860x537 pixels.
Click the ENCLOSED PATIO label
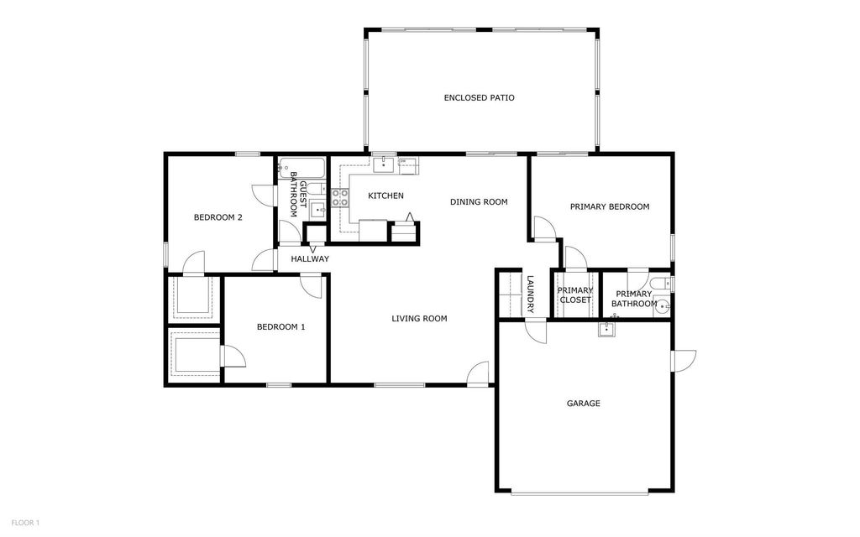point(479,98)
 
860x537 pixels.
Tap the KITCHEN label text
point(385,196)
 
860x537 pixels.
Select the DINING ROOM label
point(479,201)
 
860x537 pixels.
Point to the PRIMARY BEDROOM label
point(609,206)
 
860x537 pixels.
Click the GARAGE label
point(583,404)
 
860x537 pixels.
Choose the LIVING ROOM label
point(419,319)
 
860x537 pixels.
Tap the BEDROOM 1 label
point(281,327)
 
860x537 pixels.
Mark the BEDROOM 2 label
point(218,218)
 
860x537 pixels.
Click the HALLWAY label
point(310,259)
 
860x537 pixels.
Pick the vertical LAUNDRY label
point(530,295)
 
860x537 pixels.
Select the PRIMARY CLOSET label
point(575,295)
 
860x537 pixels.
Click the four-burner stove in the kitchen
point(341,198)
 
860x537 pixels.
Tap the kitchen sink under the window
point(385,164)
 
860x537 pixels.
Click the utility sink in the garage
point(608,329)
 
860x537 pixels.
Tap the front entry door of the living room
point(478,375)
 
